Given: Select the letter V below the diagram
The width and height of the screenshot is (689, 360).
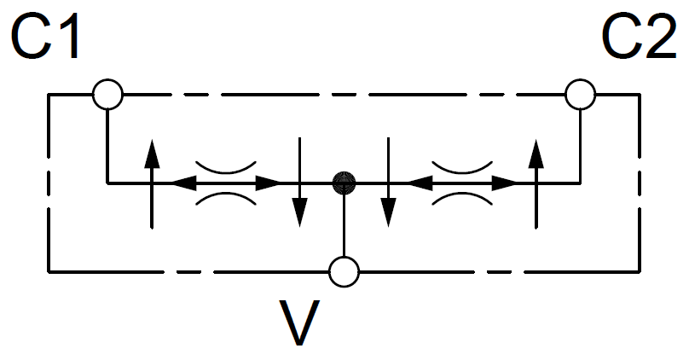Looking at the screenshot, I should pos(304,322).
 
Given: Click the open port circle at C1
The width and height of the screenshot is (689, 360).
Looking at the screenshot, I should pos(107,94).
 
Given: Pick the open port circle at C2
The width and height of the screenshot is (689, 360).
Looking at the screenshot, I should pos(581,94).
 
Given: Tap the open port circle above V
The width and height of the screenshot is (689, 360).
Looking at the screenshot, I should pos(344,272).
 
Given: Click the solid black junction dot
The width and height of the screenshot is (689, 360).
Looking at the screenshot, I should pos(344,182).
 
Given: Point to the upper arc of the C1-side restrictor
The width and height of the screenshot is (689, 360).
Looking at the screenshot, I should pos(226,165).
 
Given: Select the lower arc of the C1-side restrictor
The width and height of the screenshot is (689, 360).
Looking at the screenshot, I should pos(226,199).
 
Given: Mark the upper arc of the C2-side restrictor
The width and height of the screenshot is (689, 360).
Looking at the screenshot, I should pos(462,165).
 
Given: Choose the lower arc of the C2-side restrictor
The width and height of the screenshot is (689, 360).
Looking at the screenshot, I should pos(462,199).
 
